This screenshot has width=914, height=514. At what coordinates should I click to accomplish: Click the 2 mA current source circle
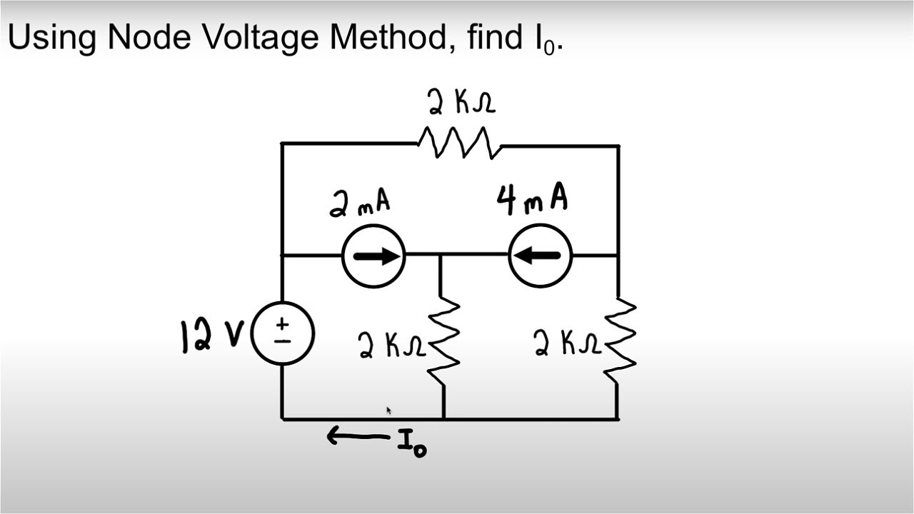373,256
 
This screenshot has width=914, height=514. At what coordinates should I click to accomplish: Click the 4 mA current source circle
541,256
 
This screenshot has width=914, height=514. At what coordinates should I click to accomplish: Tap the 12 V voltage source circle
283,333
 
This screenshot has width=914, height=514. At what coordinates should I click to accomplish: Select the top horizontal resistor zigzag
459,142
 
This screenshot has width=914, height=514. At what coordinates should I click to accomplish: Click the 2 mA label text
360,203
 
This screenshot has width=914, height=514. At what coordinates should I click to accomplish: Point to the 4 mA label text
532,198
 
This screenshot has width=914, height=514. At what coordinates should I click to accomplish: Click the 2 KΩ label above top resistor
461,103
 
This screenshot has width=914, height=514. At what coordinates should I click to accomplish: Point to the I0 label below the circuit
412,445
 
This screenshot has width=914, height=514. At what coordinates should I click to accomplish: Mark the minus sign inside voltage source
283,341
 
